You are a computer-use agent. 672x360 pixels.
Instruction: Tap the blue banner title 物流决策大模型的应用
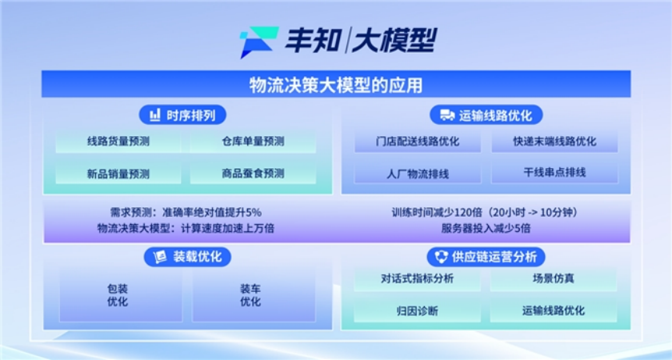click(x=335, y=85)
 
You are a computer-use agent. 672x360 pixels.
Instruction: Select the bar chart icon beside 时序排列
click(x=154, y=115)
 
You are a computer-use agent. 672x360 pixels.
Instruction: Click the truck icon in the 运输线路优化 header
click(x=447, y=115)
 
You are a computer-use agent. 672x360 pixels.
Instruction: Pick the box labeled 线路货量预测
click(x=118, y=142)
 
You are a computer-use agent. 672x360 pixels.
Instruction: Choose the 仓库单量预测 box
click(x=253, y=142)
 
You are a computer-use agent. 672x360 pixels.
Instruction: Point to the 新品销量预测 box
click(x=118, y=174)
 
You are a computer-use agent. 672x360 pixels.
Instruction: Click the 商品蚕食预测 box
click(x=253, y=174)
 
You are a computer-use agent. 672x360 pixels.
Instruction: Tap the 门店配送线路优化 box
click(x=418, y=142)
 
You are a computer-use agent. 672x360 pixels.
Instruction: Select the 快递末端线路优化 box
click(x=554, y=142)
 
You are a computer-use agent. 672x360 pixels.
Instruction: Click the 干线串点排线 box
click(x=554, y=173)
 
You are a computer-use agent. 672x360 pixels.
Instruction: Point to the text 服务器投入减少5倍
click(x=486, y=228)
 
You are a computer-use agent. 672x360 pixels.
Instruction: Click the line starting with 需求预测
click(x=186, y=212)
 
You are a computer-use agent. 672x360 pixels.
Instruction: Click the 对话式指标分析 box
click(x=417, y=279)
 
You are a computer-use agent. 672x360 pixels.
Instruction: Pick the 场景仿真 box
click(x=554, y=279)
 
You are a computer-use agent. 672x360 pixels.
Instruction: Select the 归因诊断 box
click(x=417, y=310)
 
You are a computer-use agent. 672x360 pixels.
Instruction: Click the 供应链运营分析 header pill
click(x=486, y=257)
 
